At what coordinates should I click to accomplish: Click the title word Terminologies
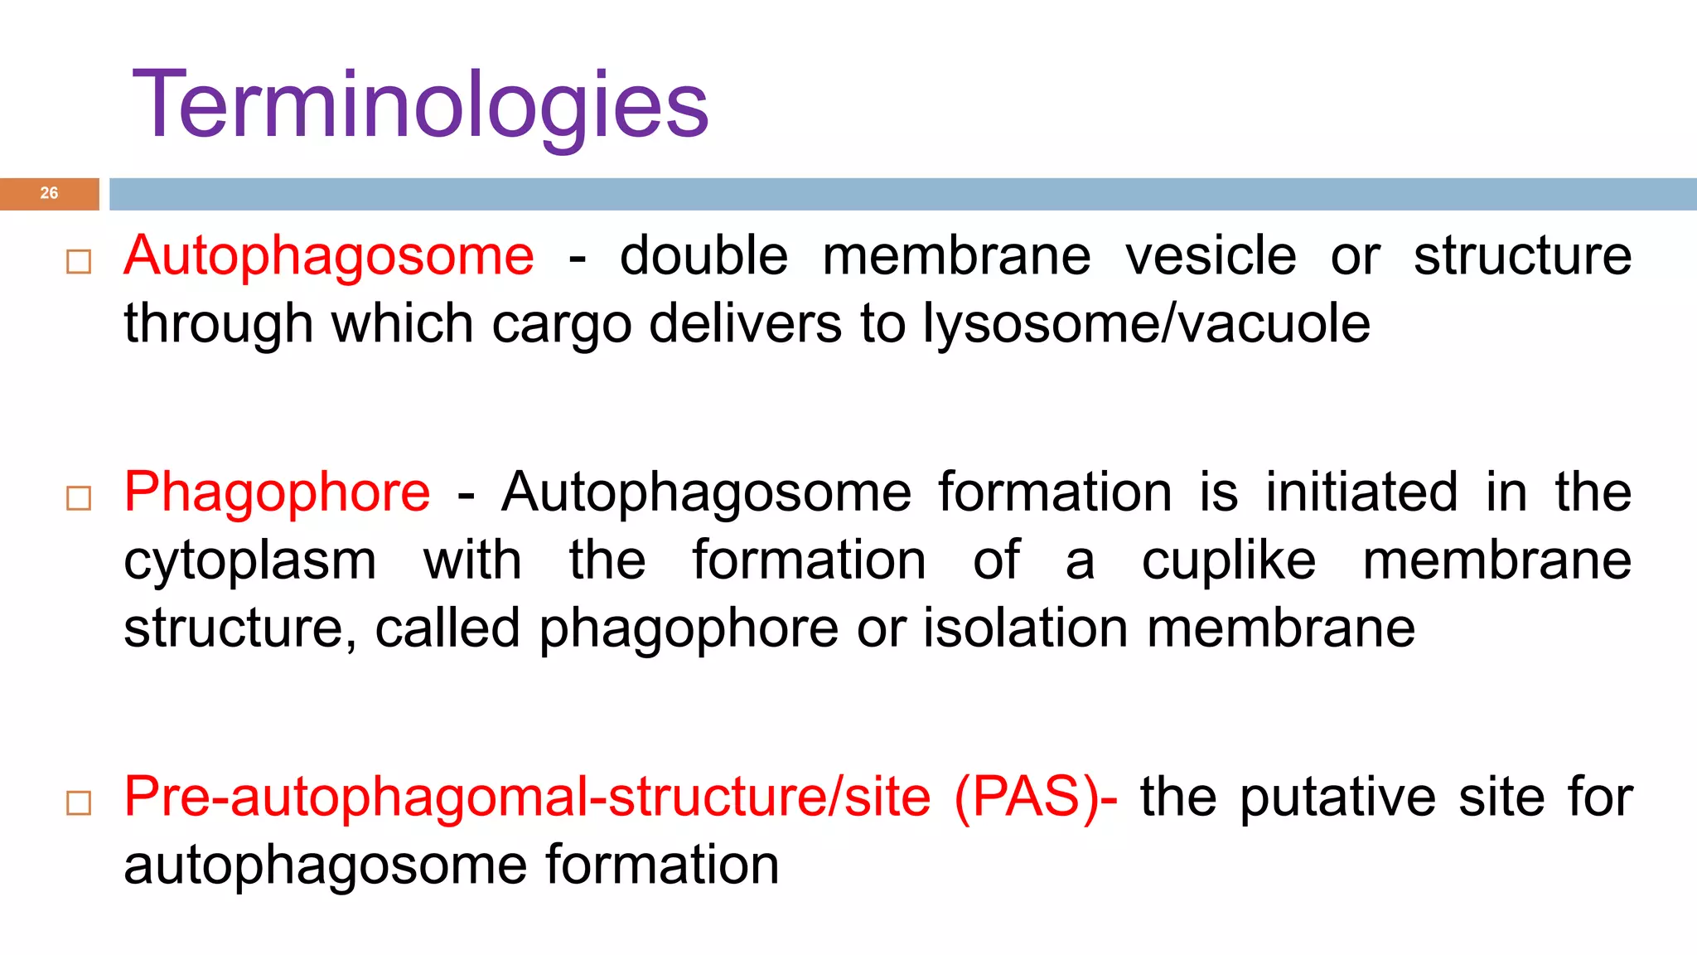[x=420, y=105]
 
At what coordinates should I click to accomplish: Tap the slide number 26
[x=49, y=193]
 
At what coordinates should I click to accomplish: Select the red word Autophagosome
[x=329, y=255]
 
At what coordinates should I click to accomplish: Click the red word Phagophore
[x=277, y=492]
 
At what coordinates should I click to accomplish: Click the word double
[x=703, y=255]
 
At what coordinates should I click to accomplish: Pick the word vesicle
[x=1210, y=255]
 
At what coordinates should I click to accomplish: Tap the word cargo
[x=562, y=324]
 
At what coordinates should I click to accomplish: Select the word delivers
[x=746, y=323]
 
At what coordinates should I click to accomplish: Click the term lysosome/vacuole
[x=1147, y=323]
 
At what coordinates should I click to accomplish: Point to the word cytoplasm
[x=250, y=561]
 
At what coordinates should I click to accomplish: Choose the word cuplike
[x=1228, y=561]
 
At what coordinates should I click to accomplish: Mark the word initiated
[x=1361, y=492]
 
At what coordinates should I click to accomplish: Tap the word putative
[x=1337, y=797]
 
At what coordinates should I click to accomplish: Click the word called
[x=447, y=628]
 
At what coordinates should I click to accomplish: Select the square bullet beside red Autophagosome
[x=79, y=262]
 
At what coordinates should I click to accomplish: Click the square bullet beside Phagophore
[x=79, y=498]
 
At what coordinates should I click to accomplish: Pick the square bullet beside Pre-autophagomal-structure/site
[x=79, y=803]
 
